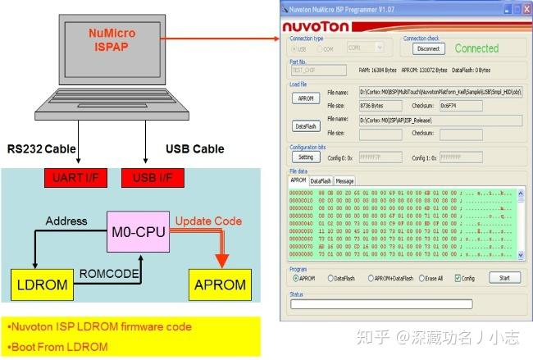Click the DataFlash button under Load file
tap(304, 126)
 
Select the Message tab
tap(344, 180)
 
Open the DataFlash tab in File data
tap(320, 180)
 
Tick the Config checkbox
tap(458, 278)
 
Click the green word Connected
tap(476, 48)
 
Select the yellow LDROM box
tap(37, 285)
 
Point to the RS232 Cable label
tap(41, 149)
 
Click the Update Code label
tap(208, 221)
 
